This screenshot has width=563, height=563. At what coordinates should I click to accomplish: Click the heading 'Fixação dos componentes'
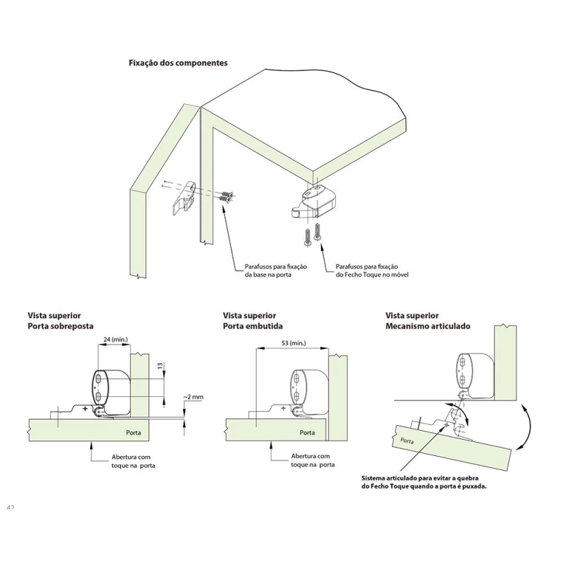coord(177,63)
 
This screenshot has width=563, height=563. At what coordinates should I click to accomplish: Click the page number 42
coord(10,507)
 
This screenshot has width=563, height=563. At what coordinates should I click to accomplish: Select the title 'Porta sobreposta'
coord(61,327)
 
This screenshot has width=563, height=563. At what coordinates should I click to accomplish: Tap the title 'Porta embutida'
coord(253,327)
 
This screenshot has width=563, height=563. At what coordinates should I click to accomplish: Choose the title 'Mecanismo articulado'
coord(428,327)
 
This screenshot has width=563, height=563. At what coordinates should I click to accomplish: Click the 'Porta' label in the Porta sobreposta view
coord(134,432)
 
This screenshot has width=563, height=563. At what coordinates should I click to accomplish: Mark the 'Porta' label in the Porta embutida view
coord(308,432)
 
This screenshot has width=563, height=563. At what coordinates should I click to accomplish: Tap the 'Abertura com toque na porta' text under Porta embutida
coord(312,461)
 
